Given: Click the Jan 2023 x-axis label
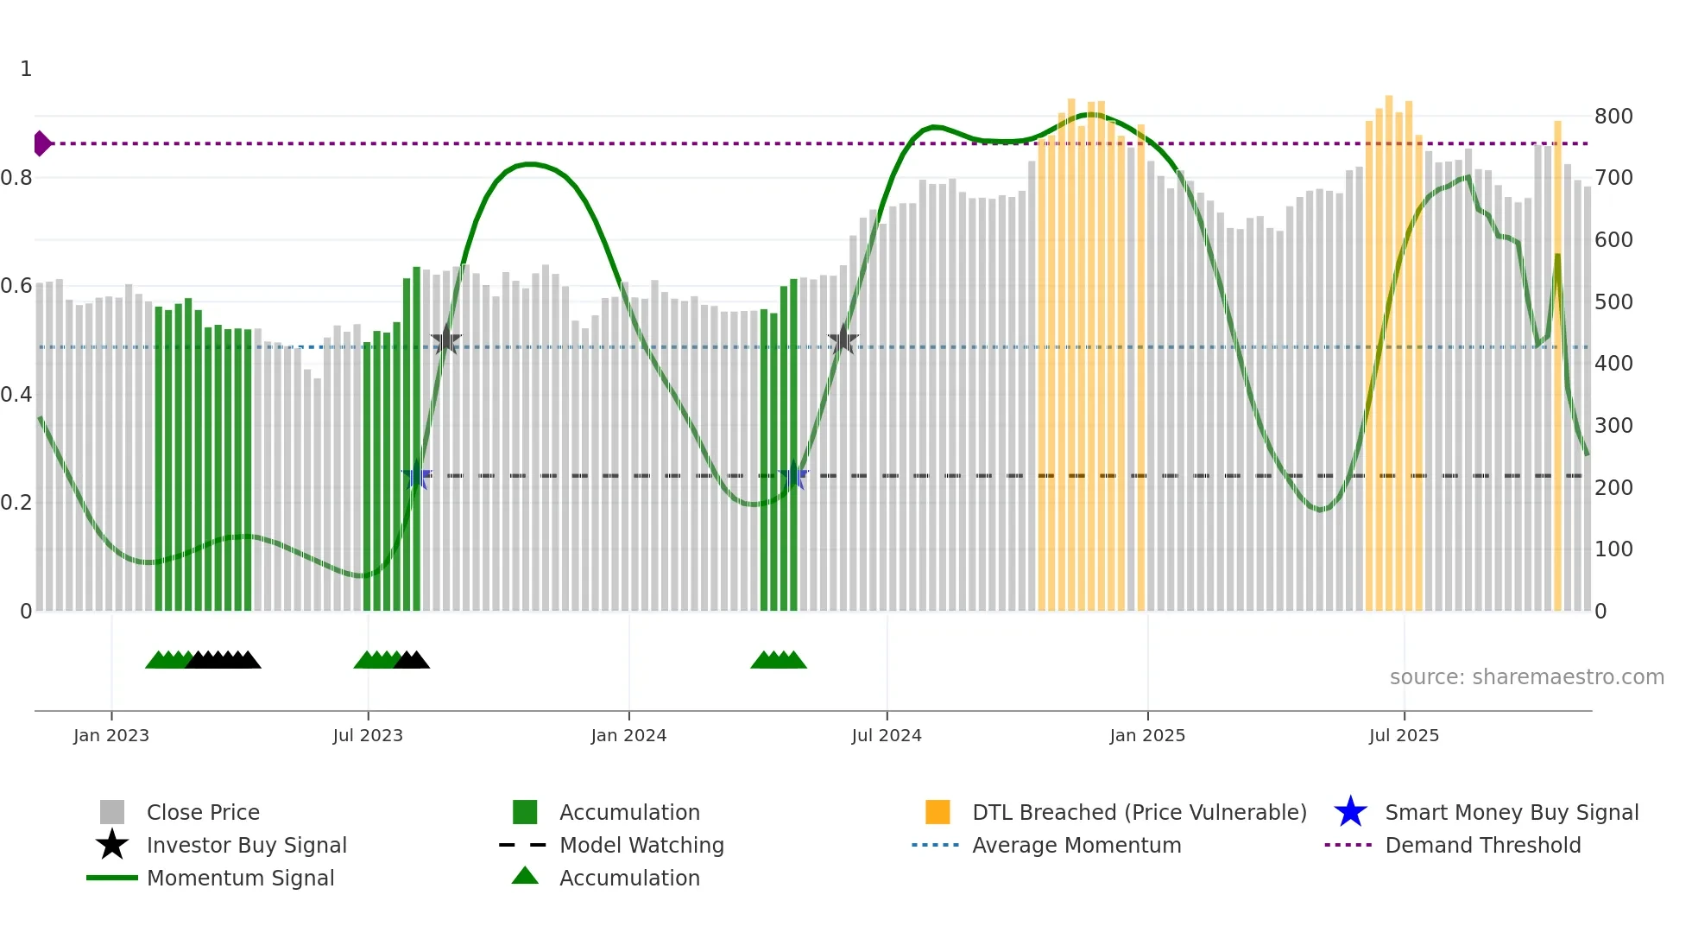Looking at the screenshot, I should coord(111,736).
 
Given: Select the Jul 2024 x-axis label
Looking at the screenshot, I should coord(887,736).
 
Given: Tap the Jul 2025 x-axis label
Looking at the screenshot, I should coord(1404,736).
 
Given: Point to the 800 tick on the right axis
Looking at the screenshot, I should coord(1613,117).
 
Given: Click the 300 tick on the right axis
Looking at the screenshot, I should coord(1613,426).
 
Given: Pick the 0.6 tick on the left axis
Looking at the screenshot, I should coord(16,286).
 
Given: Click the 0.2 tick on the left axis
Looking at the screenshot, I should coord(16,503).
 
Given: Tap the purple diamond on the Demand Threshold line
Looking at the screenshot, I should coord(41,143).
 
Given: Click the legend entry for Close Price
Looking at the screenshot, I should coord(203,813).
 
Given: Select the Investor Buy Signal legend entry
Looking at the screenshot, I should coord(246,846).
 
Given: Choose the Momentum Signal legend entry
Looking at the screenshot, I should coord(240,879).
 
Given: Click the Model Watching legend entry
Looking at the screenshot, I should coord(641,846).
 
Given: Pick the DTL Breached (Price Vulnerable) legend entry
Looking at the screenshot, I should coord(1139,813).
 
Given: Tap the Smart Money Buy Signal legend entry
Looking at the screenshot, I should coord(1512,813).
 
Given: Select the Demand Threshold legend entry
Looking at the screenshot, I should coord(1482,846).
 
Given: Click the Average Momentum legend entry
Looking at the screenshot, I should coord(1076,846).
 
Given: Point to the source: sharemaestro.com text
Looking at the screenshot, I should coord(1526,677).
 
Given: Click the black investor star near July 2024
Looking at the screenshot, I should coord(843,340).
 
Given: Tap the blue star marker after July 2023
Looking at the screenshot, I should coord(416,476).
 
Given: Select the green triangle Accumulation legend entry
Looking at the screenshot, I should coord(629,879).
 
